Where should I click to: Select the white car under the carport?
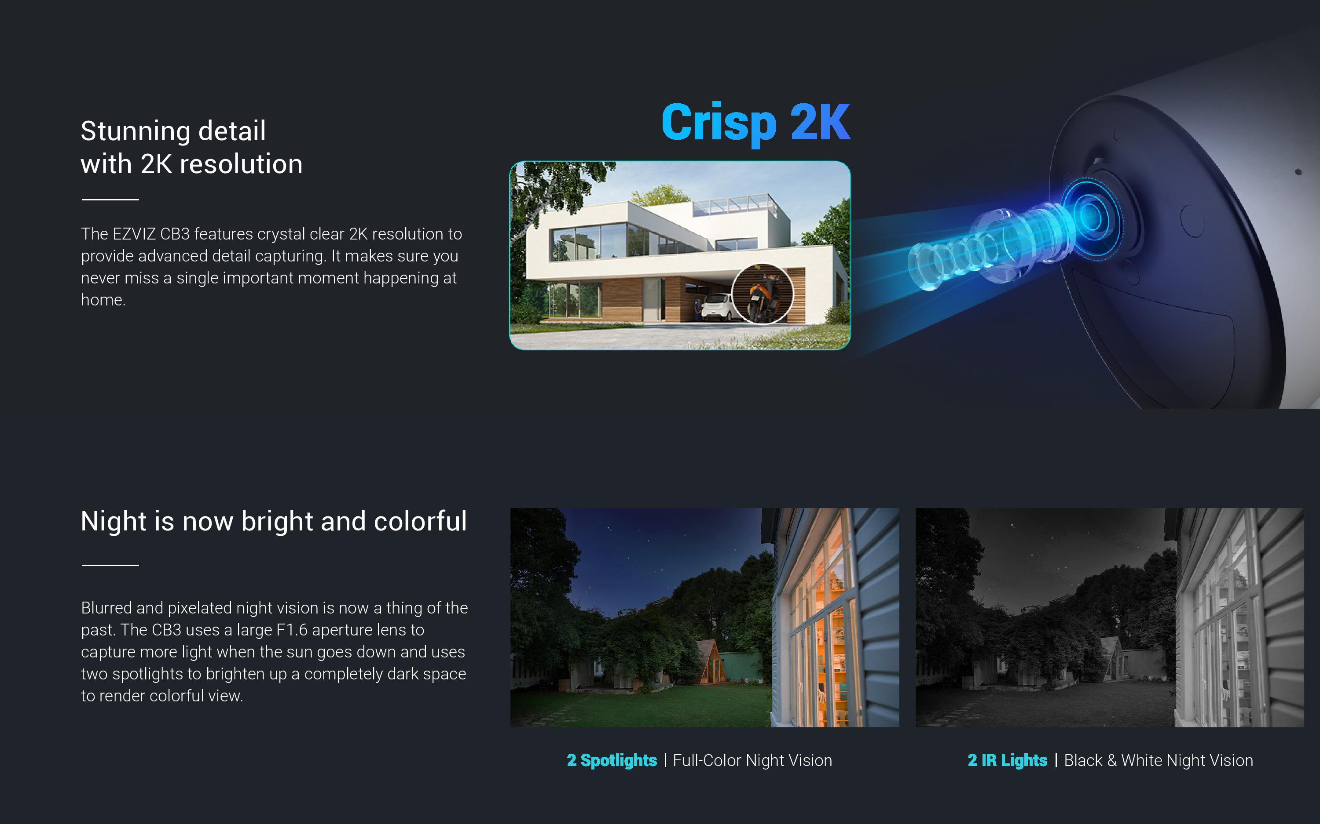(715, 306)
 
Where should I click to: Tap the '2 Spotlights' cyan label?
(612, 760)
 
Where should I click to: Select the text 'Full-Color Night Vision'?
(752, 760)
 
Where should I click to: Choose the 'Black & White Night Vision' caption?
(1158, 760)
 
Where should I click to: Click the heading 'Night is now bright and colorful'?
(273, 521)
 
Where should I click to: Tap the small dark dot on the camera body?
(1298, 172)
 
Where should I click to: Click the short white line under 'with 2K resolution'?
(110, 200)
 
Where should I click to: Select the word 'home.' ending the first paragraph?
(103, 300)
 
